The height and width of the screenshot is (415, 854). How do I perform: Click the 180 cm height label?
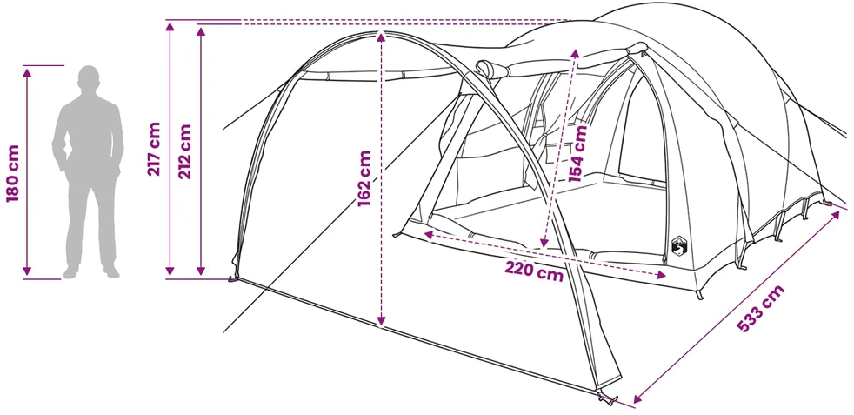coord(12,173)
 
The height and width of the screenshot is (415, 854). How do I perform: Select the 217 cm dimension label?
coord(154,148)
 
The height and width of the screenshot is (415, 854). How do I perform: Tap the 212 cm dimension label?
coord(185,152)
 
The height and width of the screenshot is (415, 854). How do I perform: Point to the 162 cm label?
coord(364,178)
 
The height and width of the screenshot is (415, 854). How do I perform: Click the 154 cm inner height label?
coord(577,153)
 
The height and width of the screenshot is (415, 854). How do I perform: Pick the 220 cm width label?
coord(534,271)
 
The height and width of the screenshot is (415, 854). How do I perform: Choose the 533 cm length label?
coord(761,308)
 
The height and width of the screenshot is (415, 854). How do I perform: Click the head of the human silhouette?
coord(89,77)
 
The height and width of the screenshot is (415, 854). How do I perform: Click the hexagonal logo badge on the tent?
coord(679,245)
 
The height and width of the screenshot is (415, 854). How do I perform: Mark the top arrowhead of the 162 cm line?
coord(381,36)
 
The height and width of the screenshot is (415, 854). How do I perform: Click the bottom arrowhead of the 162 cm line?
coord(381,321)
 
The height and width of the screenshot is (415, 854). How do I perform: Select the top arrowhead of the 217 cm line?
coord(170,29)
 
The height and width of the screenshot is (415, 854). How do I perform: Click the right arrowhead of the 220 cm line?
coord(661,275)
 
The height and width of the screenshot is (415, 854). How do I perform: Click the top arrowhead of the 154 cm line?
coord(575,53)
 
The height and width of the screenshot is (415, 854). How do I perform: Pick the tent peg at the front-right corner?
coord(605,399)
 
